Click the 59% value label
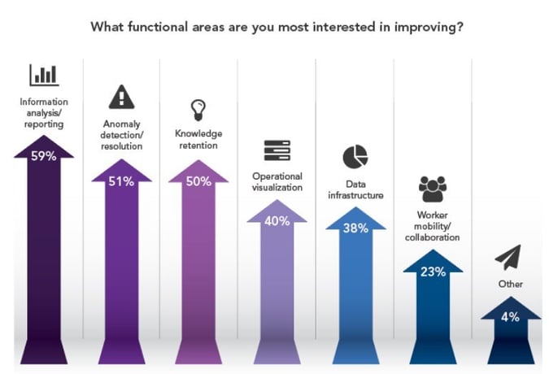tap(44, 156)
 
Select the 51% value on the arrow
tap(122, 181)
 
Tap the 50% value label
tap(198, 181)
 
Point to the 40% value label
tap(277, 220)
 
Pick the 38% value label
tap(355, 228)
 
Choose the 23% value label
tap(433, 272)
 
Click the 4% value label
tap(511, 317)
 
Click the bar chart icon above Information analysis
tap(44, 76)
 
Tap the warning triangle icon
tap(121, 98)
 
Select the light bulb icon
tap(198, 110)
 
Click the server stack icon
tap(277, 150)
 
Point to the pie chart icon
tap(355, 156)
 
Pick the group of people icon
tap(433, 189)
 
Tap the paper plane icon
tap(510, 259)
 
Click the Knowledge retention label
tap(198, 139)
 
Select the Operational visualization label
tap(277, 181)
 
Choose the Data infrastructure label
tap(355, 189)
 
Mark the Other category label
tap(511, 284)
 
